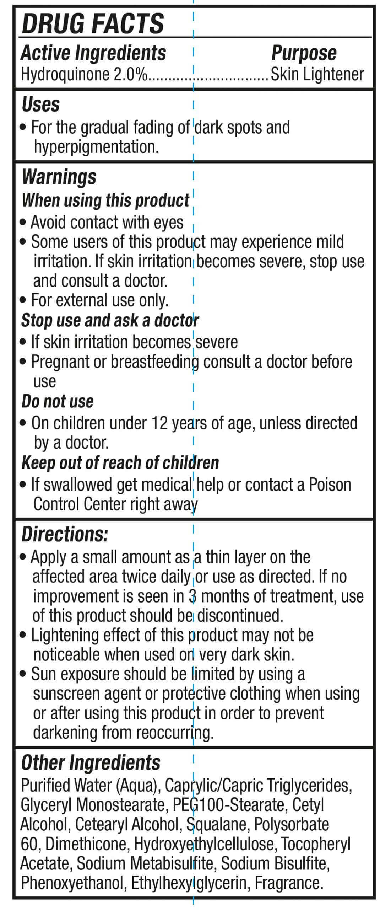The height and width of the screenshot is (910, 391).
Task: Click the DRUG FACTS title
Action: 93,23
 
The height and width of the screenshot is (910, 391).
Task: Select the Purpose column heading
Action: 304,53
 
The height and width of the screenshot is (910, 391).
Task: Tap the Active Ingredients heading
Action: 93,53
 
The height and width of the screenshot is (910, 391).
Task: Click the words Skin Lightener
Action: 317,75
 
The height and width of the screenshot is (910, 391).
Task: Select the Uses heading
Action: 40,105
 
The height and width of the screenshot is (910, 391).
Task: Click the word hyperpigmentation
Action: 96,147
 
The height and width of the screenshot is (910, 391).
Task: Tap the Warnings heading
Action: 59,177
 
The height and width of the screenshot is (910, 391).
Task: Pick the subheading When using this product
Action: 105,200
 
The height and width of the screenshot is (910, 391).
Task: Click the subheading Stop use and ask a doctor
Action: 110,320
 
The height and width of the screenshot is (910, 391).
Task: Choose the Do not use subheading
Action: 58,401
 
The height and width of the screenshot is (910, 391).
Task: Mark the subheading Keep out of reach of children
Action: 120,462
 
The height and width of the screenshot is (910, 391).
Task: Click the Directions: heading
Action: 65,534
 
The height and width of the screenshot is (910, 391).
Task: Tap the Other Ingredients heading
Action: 91,762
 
